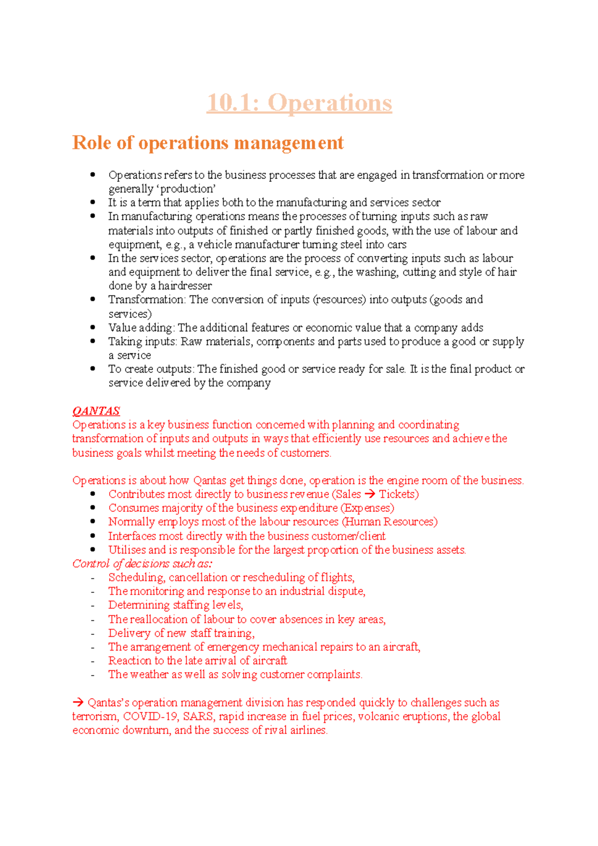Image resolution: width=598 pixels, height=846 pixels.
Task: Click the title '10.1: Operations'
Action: point(299,103)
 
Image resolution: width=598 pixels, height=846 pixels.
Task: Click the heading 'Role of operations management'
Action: point(208,143)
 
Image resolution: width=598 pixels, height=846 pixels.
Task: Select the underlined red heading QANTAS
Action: point(96,411)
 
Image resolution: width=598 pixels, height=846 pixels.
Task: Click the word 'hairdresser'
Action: point(185,286)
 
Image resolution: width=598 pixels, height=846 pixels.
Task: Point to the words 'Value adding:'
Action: point(142,328)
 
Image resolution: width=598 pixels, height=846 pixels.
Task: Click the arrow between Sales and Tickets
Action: point(370,494)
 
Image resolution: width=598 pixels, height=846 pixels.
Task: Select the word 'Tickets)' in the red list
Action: point(399,494)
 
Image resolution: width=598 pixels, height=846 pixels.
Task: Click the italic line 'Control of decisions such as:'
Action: point(142,564)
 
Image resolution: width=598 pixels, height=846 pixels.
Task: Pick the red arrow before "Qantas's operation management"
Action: point(78,703)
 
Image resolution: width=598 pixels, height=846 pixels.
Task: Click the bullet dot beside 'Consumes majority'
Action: point(93,508)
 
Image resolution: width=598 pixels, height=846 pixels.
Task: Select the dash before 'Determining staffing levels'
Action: point(93,605)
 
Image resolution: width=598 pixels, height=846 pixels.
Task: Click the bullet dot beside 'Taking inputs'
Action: point(93,341)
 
